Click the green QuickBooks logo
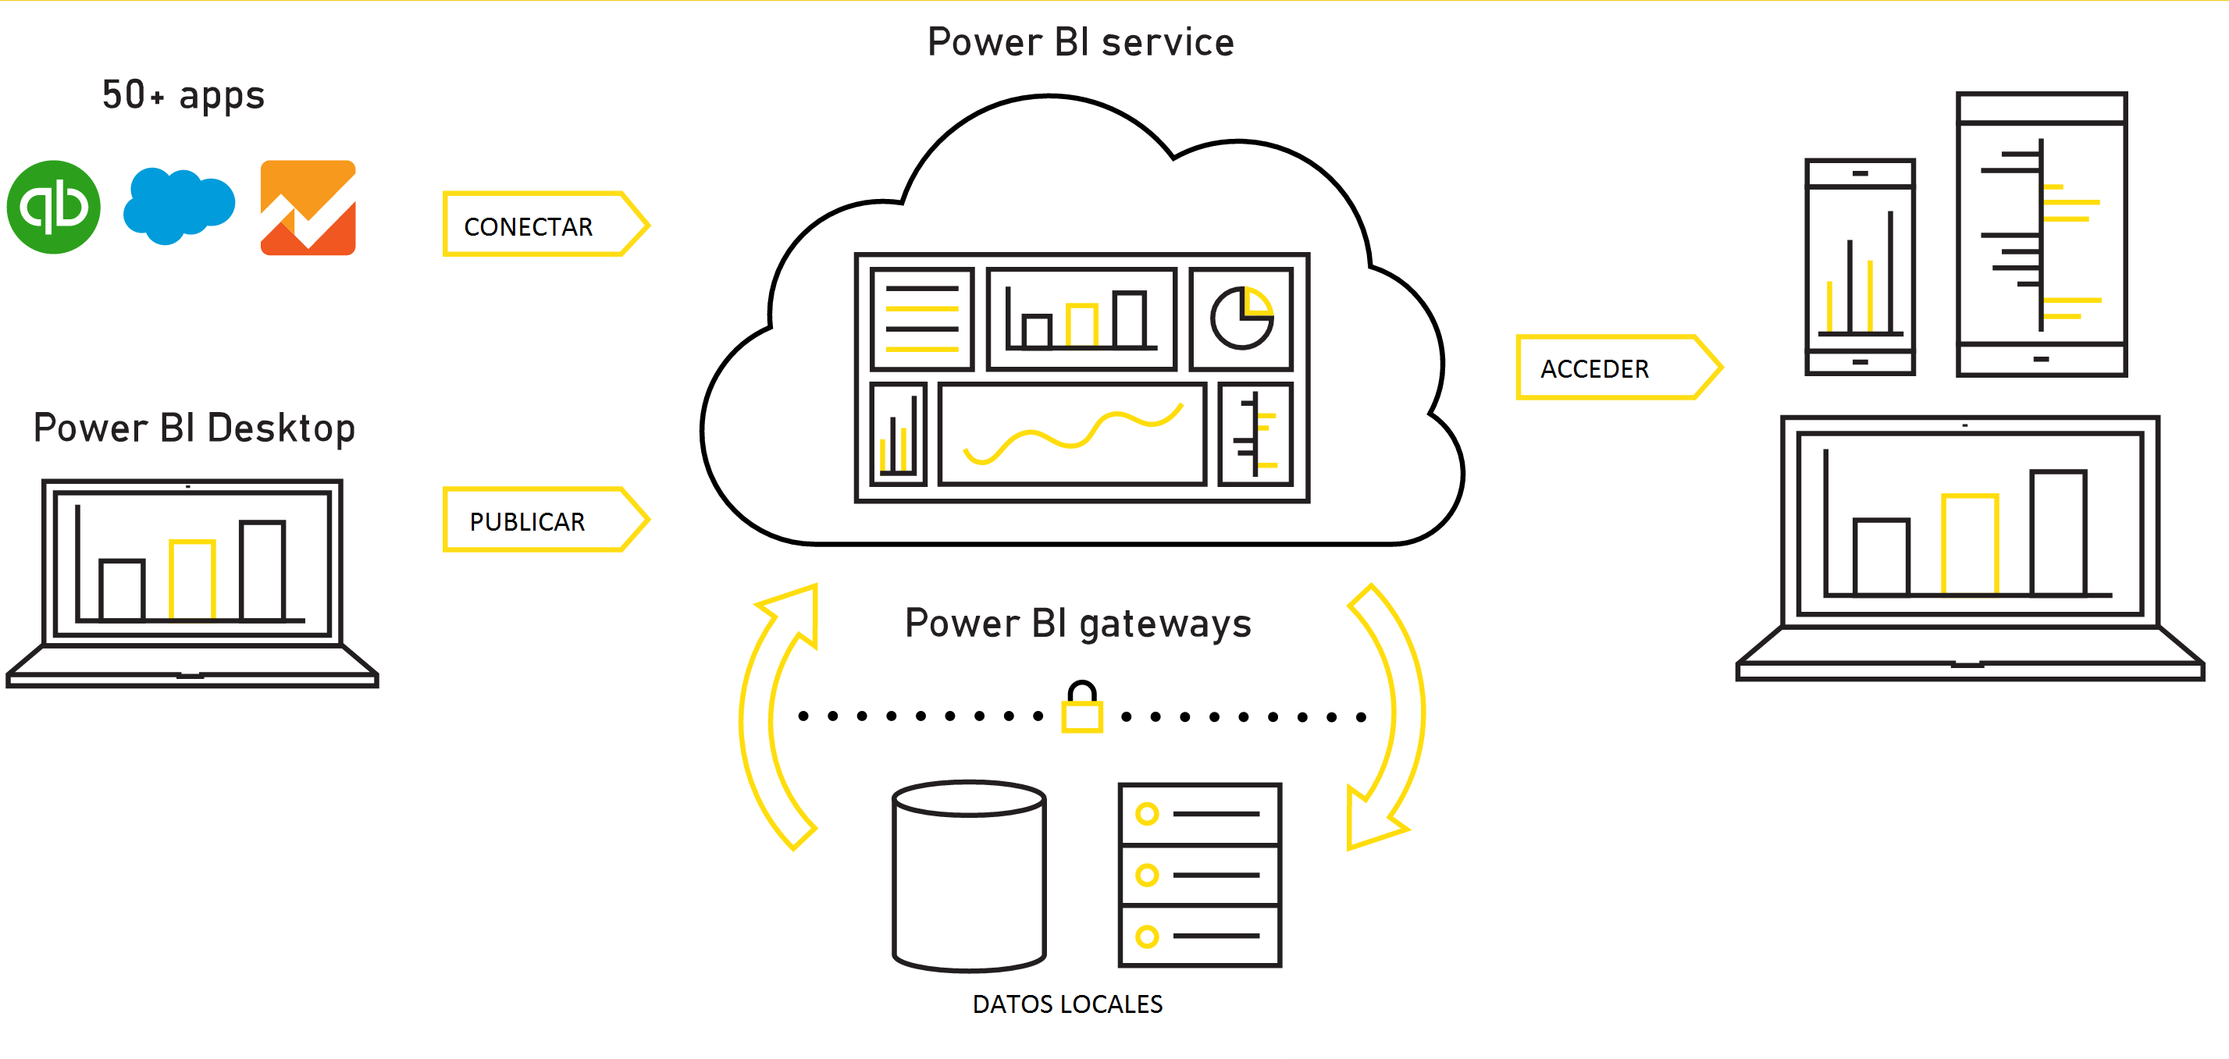tap(54, 207)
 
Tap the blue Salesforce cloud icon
tap(179, 205)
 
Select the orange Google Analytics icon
tap(308, 208)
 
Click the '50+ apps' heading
tap(183, 95)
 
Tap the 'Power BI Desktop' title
tap(194, 428)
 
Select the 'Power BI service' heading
tap(1080, 42)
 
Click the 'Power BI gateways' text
tap(1077, 624)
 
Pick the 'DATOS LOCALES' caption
tap(1067, 1004)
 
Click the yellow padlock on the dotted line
tap(1081, 708)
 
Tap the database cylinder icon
tap(969, 876)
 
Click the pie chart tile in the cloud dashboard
tap(1241, 318)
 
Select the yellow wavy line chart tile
tap(1072, 433)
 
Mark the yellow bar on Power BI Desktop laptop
tap(191, 580)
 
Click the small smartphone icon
tap(1860, 266)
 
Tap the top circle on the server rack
tap(1147, 813)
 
